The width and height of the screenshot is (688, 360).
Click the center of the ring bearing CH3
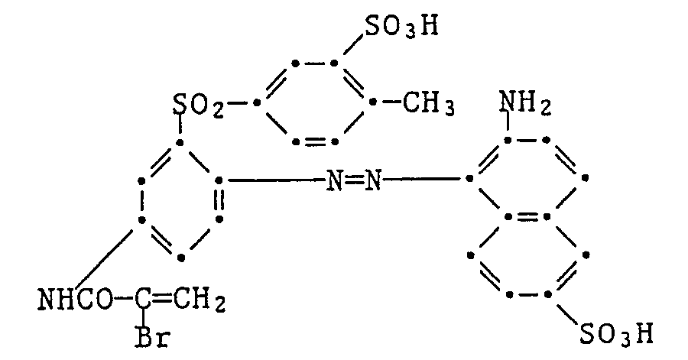[x=315, y=102]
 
